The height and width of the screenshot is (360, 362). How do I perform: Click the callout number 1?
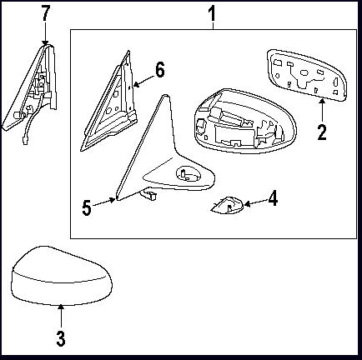point(212,14)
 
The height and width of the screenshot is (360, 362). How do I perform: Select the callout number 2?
point(322,132)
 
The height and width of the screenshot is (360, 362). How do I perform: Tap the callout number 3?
point(61,338)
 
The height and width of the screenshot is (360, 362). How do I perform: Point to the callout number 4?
point(273,198)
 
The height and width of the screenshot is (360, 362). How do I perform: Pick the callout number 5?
point(87,207)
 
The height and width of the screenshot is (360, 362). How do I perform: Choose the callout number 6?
point(160,70)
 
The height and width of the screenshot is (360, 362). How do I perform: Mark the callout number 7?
point(46,12)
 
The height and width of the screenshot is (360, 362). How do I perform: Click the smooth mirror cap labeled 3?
point(62,276)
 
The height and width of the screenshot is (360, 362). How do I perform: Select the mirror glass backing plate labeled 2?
point(307,74)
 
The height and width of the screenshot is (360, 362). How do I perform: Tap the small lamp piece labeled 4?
point(227,206)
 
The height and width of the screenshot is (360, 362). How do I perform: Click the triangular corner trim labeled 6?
point(110,102)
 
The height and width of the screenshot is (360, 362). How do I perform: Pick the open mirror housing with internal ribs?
point(244,122)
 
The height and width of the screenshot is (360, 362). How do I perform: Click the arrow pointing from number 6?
point(143,81)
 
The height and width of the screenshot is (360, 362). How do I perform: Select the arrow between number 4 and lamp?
point(255,202)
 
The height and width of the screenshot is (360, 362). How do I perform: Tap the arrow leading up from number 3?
point(61,316)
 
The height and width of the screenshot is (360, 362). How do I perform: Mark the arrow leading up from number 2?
point(322,111)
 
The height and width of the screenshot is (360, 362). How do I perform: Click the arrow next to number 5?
point(103,202)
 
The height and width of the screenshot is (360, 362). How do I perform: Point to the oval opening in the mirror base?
point(189,174)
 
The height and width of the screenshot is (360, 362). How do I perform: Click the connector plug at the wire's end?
point(24,138)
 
